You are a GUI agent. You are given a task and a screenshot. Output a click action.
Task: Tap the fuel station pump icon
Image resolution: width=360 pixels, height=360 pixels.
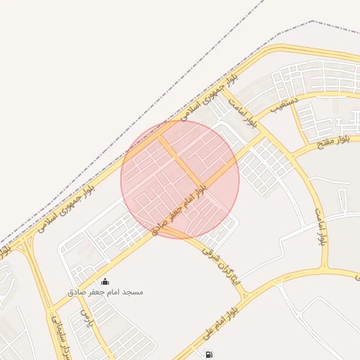[209, 354]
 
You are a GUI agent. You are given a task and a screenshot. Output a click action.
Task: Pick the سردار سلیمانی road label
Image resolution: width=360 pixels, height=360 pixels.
[54, 336]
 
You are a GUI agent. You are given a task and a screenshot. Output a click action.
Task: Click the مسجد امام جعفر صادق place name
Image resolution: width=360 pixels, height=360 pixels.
[105, 291]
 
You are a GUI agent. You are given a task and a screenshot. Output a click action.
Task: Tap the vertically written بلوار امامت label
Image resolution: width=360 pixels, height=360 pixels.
[320, 225]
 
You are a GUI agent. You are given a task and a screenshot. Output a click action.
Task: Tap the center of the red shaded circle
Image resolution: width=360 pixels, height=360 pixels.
[180, 179]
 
